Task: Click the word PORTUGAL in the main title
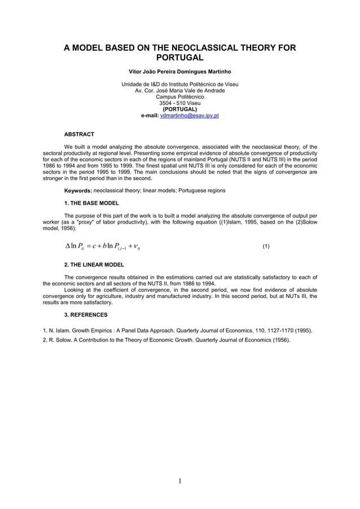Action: (x=179, y=58)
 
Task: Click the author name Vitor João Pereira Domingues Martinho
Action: (x=179, y=72)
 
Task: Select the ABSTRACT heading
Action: (x=79, y=134)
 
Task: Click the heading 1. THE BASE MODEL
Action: (x=91, y=203)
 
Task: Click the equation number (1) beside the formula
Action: (x=266, y=247)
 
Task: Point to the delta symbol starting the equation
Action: (x=68, y=246)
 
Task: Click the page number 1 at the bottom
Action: (x=180, y=481)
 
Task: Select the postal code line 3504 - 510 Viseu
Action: (x=179, y=103)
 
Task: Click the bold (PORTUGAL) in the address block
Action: (x=179, y=109)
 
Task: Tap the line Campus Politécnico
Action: (x=179, y=97)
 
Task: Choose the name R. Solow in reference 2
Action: (x=62, y=340)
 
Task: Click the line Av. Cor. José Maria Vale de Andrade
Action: (x=179, y=91)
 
